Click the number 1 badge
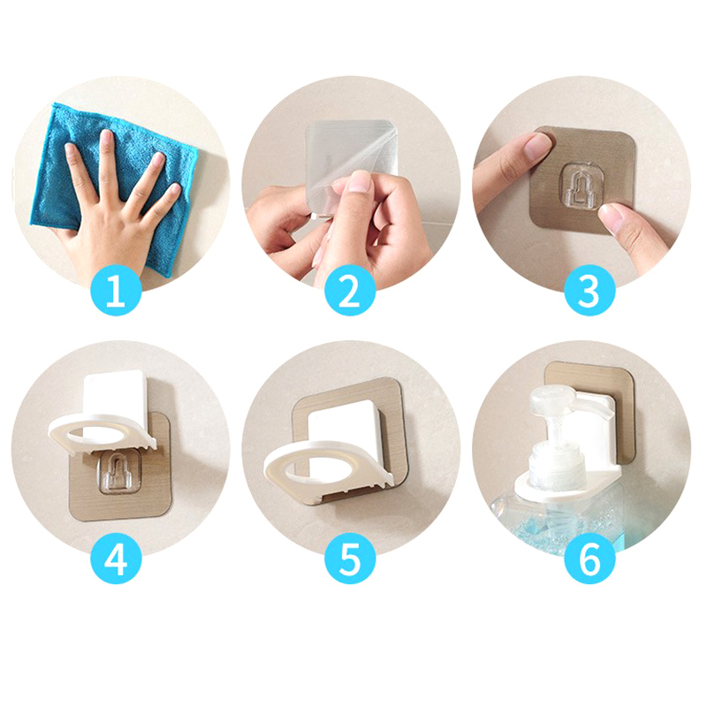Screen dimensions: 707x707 click(116, 291)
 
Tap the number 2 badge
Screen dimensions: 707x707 click(350, 291)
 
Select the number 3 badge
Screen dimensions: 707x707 click(589, 291)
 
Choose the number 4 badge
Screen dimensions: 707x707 click(116, 559)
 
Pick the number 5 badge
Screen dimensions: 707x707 click(350, 559)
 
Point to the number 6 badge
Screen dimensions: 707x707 click(589, 559)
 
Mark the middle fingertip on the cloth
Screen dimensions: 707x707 click(106, 135)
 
